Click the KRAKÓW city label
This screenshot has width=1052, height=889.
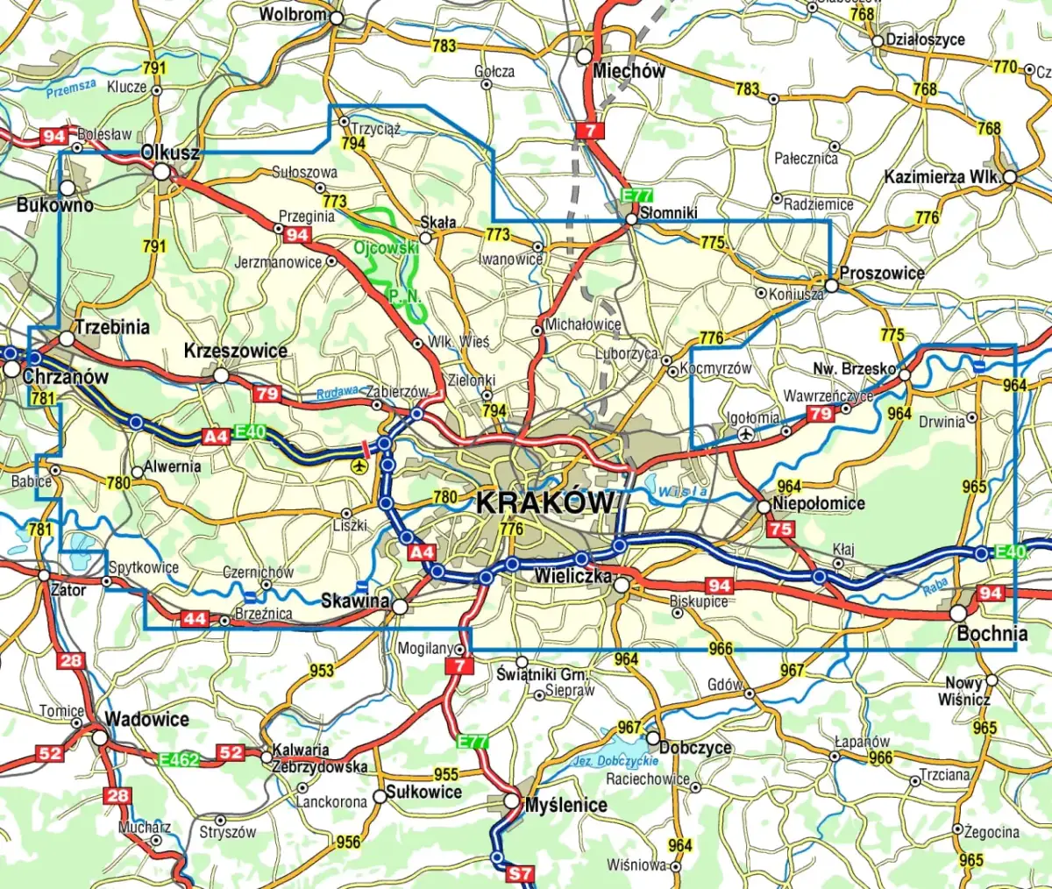544,502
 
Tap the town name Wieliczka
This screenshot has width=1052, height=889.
572,578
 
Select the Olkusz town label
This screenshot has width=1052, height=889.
170,153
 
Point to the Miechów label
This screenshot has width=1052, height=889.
629,71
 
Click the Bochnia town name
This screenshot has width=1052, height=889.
992,633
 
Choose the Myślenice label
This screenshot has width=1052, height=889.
565,804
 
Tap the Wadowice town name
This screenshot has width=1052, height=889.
146,719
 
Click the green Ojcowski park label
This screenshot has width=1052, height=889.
387,248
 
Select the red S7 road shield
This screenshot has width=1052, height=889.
520,873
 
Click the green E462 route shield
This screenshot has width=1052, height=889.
180,759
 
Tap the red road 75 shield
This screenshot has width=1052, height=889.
780,529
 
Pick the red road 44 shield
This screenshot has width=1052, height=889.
195,619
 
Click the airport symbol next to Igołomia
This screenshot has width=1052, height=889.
746,433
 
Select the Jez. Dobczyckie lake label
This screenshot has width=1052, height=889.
615,761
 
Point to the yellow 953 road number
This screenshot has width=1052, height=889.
322,670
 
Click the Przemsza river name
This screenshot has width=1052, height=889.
71,87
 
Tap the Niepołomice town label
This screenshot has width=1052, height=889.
818,504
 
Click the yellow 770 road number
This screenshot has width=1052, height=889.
1005,67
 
